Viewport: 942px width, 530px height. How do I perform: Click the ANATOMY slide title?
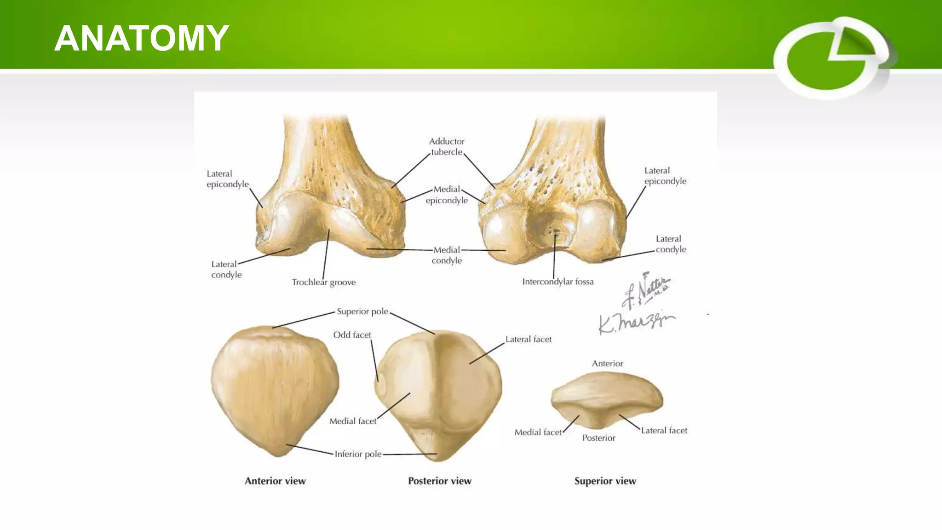pyautogui.click(x=142, y=38)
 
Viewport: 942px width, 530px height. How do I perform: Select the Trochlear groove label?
pyautogui.click(x=323, y=282)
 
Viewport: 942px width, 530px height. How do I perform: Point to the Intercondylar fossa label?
pyautogui.click(x=557, y=282)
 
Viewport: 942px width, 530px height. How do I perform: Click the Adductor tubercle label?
pyautogui.click(x=447, y=146)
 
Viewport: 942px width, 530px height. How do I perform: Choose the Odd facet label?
pyautogui.click(x=352, y=335)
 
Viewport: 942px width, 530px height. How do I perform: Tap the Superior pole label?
pyautogui.click(x=362, y=311)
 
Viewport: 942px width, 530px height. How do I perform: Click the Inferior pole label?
pyautogui.click(x=358, y=454)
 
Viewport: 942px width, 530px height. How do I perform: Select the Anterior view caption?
pyautogui.click(x=275, y=481)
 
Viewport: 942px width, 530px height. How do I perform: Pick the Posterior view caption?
pyautogui.click(x=440, y=481)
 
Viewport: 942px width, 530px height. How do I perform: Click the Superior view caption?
pyautogui.click(x=605, y=481)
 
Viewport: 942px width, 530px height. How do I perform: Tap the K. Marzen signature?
pyautogui.click(x=636, y=322)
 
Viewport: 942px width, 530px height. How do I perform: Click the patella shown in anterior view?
pyautogui.click(x=275, y=389)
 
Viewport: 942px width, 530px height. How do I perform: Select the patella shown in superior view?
pyautogui.click(x=607, y=399)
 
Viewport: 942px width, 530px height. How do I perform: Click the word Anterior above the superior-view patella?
pyautogui.click(x=607, y=363)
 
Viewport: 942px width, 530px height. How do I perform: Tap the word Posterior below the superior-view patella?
pyautogui.click(x=598, y=438)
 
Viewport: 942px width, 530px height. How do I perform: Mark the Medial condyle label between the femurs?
pyautogui.click(x=447, y=255)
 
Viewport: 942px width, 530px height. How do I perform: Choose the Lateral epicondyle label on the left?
pyautogui.click(x=227, y=179)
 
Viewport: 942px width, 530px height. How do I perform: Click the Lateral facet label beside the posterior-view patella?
pyautogui.click(x=528, y=340)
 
